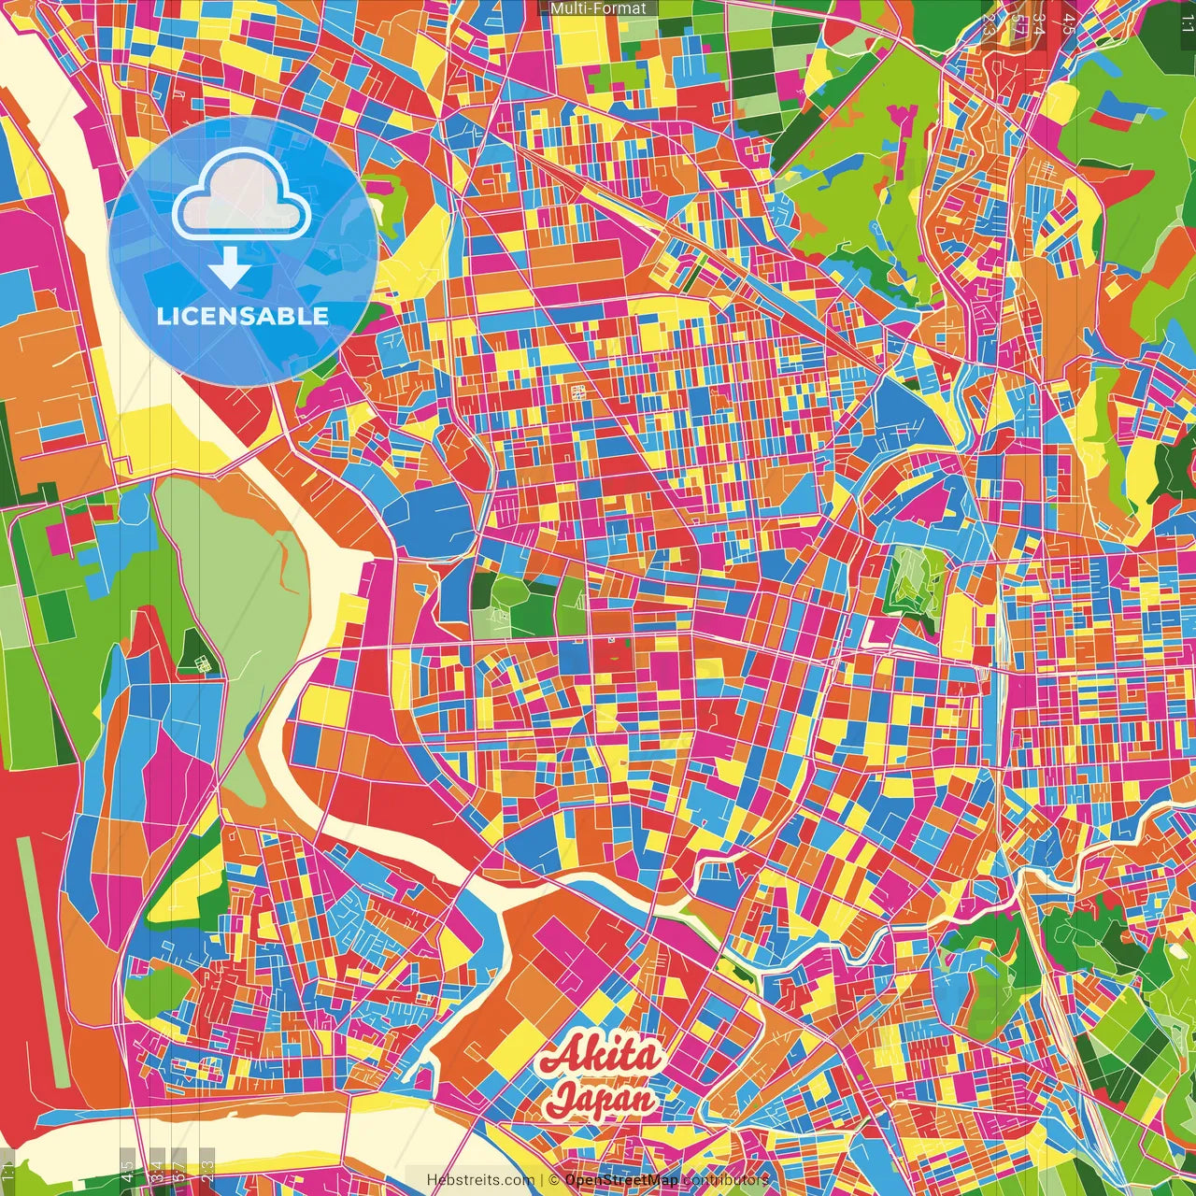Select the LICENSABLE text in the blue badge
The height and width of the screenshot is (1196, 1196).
243,316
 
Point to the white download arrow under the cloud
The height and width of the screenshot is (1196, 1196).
230,267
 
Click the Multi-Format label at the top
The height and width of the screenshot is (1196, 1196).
598,8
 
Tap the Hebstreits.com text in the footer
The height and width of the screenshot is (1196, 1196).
480,1180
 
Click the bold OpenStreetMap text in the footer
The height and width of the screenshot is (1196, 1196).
621,1180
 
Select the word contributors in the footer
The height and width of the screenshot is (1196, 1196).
725,1180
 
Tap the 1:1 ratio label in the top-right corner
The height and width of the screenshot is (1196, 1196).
1187,23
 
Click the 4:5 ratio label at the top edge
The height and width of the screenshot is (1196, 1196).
1067,23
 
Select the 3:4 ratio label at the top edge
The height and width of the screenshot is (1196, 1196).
1037,23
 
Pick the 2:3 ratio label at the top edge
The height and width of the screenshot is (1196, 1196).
989,23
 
